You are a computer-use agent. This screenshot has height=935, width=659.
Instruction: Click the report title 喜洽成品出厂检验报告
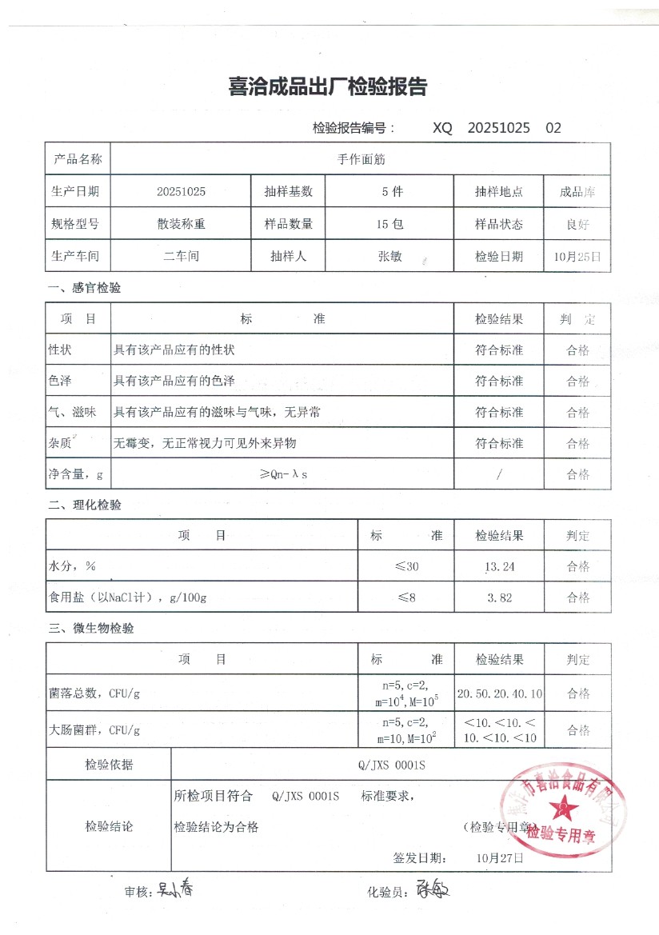point(328,87)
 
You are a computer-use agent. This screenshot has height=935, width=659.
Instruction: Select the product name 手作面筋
point(361,159)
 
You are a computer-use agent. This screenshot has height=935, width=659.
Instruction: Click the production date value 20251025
point(182,192)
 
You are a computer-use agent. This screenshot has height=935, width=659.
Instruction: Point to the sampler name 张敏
point(389,257)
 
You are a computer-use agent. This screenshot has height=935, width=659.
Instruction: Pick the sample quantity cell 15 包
point(389,225)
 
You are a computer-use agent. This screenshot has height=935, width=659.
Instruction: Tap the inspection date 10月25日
point(577,257)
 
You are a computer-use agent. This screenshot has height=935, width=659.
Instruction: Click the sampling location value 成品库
point(577,192)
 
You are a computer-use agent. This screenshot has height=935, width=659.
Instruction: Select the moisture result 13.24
point(499,567)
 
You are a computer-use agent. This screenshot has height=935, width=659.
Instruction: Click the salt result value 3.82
point(499,597)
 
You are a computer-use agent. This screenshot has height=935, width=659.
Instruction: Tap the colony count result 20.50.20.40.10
point(499,693)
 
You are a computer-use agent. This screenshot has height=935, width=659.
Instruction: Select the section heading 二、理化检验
point(85,505)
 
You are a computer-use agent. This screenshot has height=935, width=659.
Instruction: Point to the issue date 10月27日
point(499,857)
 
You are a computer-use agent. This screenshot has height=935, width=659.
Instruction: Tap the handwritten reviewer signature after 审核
point(174,889)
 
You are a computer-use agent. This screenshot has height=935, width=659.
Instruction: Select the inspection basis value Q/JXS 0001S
point(392,765)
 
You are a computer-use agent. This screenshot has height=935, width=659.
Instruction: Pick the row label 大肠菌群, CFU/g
point(94,730)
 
